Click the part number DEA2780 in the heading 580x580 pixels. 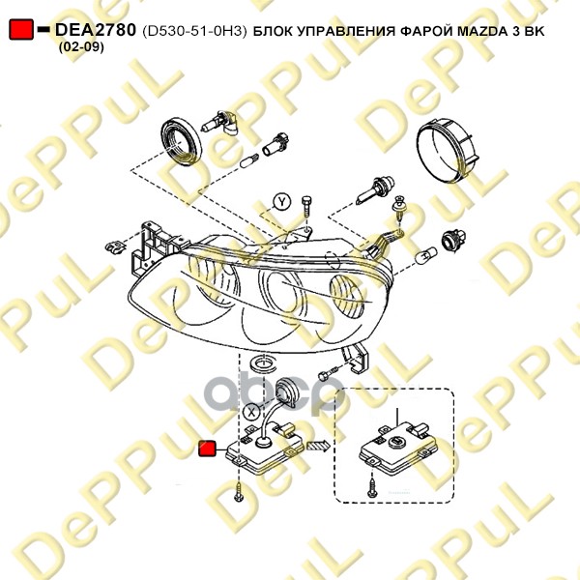(96, 30)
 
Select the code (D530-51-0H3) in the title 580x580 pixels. (194, 32)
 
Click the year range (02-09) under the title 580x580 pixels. (81, 47)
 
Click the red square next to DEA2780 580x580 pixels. (21, 29)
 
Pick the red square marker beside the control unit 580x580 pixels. (208, 449)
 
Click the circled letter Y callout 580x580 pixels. (282, 202)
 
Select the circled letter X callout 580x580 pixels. (252, 412)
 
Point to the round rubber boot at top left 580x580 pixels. (182, 140)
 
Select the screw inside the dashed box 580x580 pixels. (371, 487)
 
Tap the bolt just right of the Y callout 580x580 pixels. (306, 208)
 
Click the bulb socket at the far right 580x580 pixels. (453, 240)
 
